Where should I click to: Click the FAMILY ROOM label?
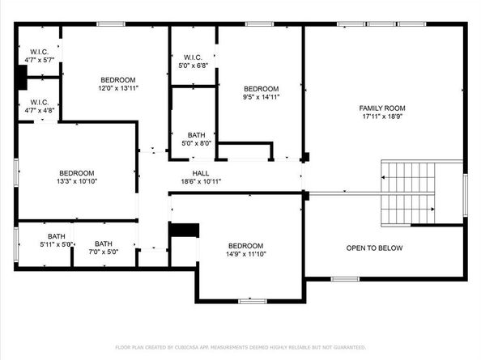pyautogui.click(x=382, y=108)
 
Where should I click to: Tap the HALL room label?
pyautogui.click(x=201, y=173)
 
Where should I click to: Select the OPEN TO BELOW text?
pyautogui.click(x=374, y=248)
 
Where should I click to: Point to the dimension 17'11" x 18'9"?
pyautogui.click(x=382, y=116)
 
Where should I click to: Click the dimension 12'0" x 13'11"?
pyautogui.click(x=118, y=88)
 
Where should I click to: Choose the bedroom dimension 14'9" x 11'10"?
pyautogui.click(x=245, y=254)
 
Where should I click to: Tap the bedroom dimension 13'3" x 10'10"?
pyautogui.click(x=77, y=181)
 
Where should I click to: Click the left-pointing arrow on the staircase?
pyautogui.click(x=408, y=177)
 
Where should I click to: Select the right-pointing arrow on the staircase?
pyautogui.click(x=408, y=210)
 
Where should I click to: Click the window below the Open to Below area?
pyautogui.click(x=345, y=279)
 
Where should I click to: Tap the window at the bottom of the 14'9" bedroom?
pyautogui.click(x=253, y=301)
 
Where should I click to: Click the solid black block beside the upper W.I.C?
pyautogui.click(x=23, y=78)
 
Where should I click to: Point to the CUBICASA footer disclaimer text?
pyautogui.click(x=240, y=347)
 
